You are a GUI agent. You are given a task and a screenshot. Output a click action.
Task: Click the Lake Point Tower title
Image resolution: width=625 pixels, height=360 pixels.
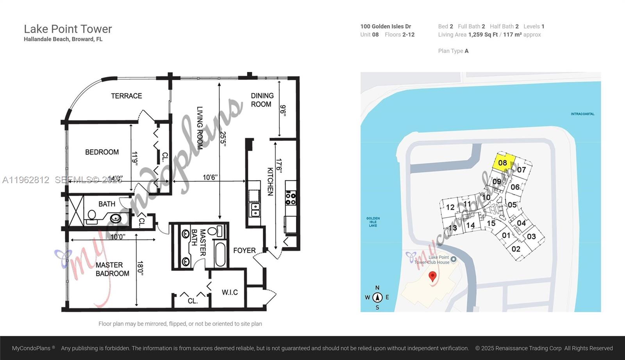[x=68, y=29]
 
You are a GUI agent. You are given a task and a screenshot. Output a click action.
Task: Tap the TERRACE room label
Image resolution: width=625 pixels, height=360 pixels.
[x=126, y=96]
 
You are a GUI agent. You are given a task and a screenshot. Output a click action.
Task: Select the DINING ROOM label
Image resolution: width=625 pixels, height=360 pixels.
[x=262, y=100]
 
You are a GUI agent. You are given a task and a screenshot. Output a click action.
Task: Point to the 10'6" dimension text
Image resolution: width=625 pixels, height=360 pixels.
[x=210, y=177]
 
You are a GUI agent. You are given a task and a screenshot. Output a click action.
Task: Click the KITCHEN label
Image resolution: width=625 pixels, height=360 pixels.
[x=270, y=181]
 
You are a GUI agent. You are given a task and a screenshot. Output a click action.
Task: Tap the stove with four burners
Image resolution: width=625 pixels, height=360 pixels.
[x=291, y=198]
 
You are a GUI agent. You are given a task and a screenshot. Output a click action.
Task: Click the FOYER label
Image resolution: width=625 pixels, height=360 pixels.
[x=244, y=250]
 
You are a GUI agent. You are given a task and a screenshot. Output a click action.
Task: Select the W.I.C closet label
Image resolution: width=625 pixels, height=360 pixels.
[x=229, y=292]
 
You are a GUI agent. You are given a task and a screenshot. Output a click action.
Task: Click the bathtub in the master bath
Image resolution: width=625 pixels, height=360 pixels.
[x=220, y=254]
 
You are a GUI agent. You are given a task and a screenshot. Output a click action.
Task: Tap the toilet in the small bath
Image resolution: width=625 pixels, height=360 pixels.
[x=92, y=215]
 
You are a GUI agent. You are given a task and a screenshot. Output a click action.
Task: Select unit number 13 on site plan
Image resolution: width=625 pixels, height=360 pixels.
[x=453, y=228]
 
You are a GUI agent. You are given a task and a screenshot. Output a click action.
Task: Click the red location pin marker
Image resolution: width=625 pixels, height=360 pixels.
[x=432, y=276]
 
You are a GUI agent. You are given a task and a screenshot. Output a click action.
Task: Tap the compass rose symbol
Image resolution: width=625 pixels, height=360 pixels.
[x=377, y=298]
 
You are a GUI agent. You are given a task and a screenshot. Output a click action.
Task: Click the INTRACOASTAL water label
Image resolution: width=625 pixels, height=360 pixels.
[x=582, y=114]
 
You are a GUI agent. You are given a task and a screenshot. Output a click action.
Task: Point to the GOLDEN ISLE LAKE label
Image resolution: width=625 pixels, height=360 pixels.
[x=373, y=222]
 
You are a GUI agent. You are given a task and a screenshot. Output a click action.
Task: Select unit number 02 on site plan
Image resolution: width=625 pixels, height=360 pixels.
[x=516, y=249]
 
